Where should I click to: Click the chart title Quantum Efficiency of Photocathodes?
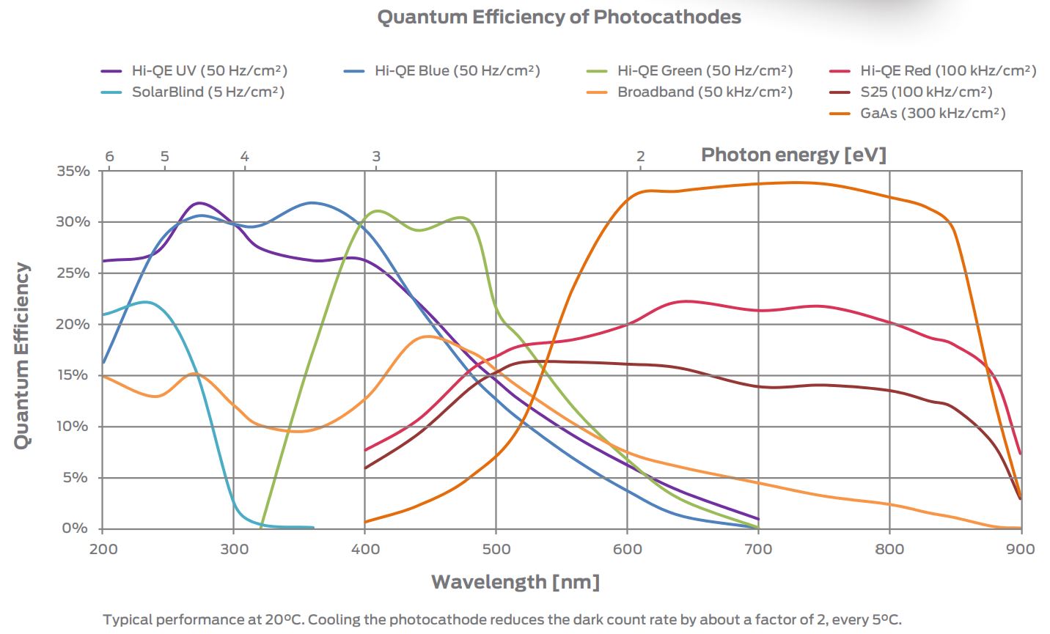pos(559,17)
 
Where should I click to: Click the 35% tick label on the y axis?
pos(73,172)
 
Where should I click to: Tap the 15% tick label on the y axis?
pos(73,375)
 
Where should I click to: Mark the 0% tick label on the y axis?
pos(75,528)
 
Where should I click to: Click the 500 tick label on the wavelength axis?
pos(496,550)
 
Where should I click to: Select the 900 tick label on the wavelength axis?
pos(1020,550)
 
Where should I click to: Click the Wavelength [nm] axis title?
pos(515,583)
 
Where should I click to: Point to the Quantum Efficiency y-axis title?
pos(23,355)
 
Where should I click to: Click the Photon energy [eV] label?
pos(793,155)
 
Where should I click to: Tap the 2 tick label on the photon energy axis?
pos(640,156)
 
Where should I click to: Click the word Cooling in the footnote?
pos(334,619)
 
